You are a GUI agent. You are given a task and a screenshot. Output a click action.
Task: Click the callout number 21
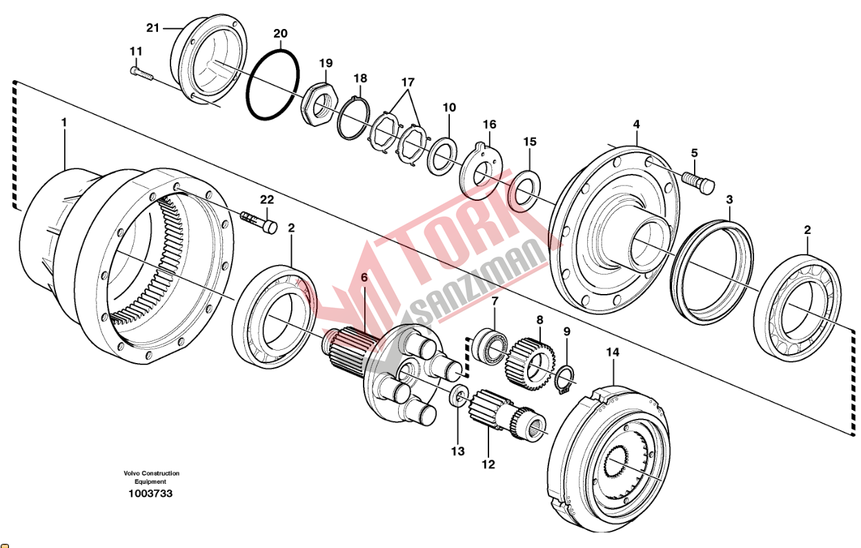click(152, 28)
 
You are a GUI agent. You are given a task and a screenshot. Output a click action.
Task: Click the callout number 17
click(408, 82)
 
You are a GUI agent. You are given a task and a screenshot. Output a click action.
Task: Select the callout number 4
click(636, 124)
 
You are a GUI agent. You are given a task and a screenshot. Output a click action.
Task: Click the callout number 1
click(64, 122)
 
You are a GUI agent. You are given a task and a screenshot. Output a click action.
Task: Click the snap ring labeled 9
click(566, 379)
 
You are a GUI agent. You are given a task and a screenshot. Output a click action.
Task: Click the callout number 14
click(613, 353)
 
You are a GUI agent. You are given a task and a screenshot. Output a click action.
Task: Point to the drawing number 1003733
click(150, 493)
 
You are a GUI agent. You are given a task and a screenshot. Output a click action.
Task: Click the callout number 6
click(364, 277)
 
